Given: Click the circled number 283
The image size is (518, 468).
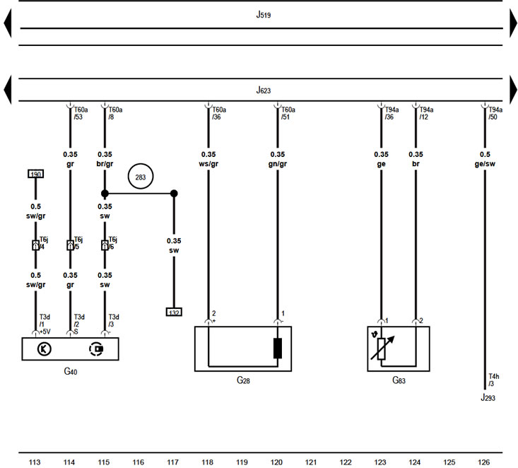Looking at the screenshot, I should tap(140, 177).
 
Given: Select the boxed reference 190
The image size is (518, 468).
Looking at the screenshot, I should tap(35, 174).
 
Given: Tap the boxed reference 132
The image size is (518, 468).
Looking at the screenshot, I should tap(174, 312).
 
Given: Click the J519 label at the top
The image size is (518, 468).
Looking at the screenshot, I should tap(264, 14).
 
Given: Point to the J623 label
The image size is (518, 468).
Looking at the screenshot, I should tap(264, 90).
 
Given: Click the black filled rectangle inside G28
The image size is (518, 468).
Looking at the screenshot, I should tap(278, 349).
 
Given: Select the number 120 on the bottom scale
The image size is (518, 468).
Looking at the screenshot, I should tap(277, 462).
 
